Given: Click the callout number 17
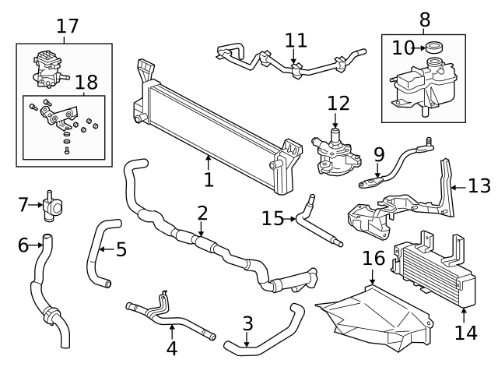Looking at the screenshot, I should [x=68, y=26].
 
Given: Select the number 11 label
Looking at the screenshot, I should [x=296, y=40].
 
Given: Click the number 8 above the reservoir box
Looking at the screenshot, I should [x=424, y=18].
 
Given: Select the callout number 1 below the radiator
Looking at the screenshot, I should [x=209, y=180].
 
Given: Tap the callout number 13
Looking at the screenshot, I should [x=479, y=186].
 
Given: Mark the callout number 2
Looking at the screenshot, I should [x=202, y=213].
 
